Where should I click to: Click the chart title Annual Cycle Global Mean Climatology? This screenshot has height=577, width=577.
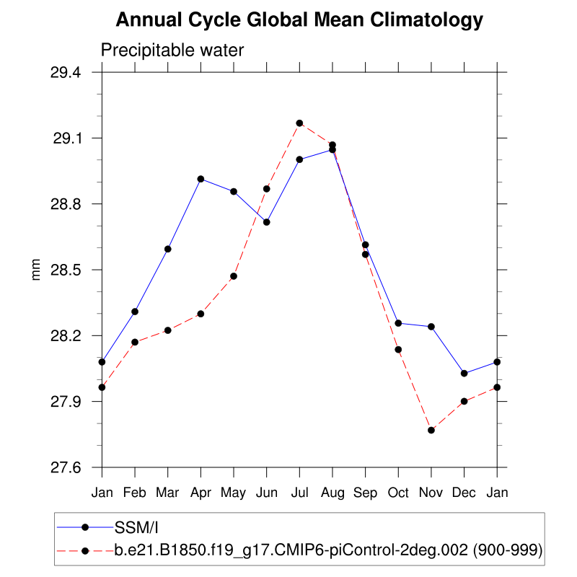click(x=299, y=20)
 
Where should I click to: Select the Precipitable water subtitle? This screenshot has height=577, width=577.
click(x=172, y=50)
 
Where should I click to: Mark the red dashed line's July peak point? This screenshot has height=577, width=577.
click(x=299, y=123)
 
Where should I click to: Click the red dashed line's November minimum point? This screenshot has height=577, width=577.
click(x=431, y=430)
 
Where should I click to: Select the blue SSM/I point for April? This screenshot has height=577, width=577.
click(x=201, y=179)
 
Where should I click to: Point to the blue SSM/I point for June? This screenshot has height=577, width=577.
click(x=267, y=222)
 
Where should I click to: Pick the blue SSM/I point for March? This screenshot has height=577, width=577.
click(x=168, y=249)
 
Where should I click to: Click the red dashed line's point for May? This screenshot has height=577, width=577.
click(x=234, y=276)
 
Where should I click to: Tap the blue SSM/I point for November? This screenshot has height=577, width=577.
click(x=431, y=327)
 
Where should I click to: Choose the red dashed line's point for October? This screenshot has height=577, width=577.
click(x=398, y=350)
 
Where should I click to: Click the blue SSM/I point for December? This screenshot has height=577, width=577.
click(x=464, y=373)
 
